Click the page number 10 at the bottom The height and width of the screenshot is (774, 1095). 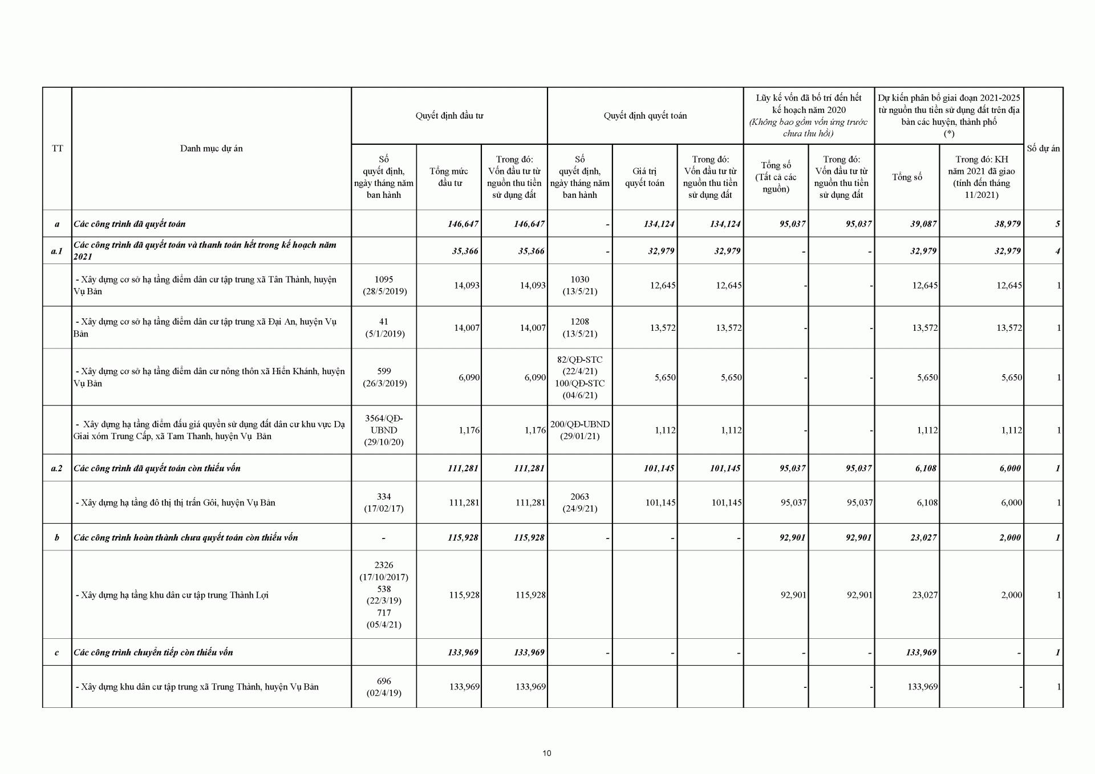click(x=547, y=753)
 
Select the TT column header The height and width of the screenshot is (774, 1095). click(x=57, y=148)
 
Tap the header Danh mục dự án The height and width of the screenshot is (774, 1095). click(x=211, y=148)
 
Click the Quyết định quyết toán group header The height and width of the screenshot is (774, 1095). click(x=645, y=116)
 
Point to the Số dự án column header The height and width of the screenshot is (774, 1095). click(x=1043, y=148)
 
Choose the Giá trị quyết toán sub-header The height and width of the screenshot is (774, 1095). click(x=644, y=177)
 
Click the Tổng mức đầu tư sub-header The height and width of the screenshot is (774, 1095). click(x=449, y=177)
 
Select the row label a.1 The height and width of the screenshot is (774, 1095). click(x=57, y=251)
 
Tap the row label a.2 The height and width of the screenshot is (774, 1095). click(x=57, y=468)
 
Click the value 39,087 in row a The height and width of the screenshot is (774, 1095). click(x=923, y=224)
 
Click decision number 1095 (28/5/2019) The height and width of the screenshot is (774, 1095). click(x=384, y=285)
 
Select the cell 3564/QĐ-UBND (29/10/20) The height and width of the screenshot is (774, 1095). click(x=384, y=430)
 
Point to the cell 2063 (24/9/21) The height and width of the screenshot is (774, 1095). click(x=579, y=503)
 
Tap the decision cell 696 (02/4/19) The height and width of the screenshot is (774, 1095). click(x=384, y=687)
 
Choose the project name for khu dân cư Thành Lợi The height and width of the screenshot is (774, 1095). click(x=175, y=595)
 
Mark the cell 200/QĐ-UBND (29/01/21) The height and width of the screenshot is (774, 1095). click(x=579, y=430)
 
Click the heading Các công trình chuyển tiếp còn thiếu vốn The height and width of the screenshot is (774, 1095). click(x=153, y=653)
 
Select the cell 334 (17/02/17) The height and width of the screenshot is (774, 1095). click(x=384, y=503)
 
